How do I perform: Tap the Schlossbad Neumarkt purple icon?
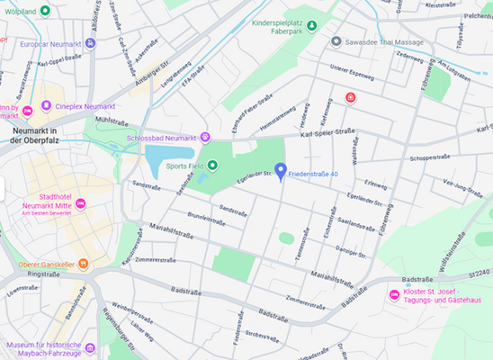205,137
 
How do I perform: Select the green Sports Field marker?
212,166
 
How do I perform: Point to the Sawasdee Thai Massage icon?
336,41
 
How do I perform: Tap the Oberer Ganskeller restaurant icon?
82,264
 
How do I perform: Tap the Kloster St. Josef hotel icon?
393,296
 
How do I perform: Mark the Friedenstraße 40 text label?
313,173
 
